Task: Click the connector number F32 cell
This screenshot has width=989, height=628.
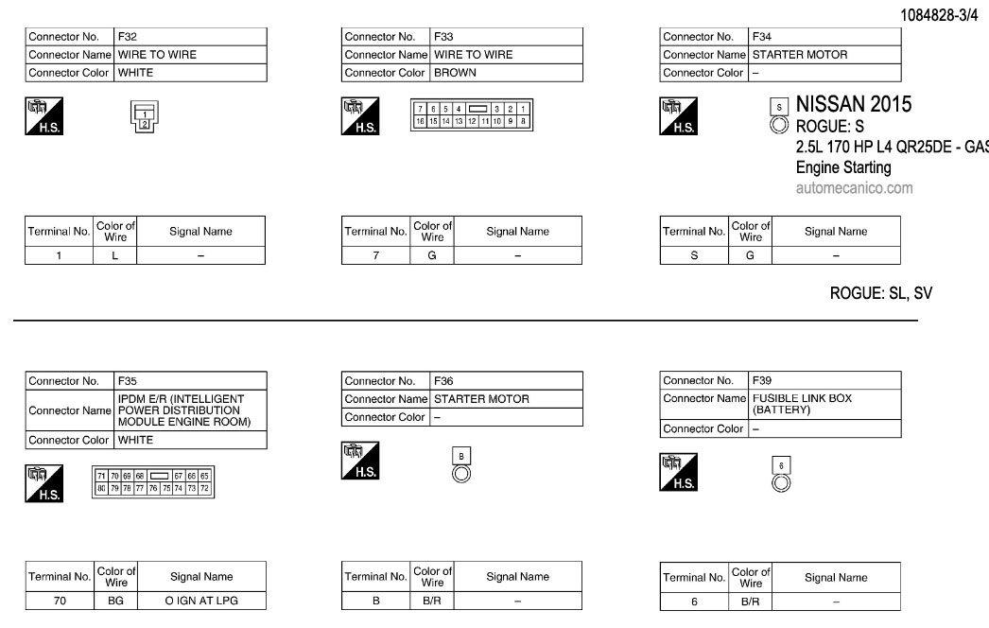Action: tap(189, 37)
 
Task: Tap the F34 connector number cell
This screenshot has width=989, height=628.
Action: tap(824, 37)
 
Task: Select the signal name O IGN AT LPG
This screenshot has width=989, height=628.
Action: tap(200, 600)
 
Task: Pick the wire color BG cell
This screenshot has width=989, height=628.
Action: tap(115, 600)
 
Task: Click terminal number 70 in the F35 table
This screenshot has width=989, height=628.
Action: tap(59, 600)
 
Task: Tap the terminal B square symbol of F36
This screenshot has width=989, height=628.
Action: tap(461, 456)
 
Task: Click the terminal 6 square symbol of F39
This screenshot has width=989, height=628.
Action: tap(780, 465)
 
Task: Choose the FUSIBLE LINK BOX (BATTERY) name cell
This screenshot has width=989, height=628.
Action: tap(824, 405)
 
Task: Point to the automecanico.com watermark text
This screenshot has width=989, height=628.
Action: tap(855, 187)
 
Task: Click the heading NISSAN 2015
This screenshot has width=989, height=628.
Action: tap(854, 104)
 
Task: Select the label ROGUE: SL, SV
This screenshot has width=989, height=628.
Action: tap(880, 293)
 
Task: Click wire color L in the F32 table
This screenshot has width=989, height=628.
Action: tap(115, 255)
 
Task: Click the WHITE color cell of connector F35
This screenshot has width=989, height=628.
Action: tap(189, 440)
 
